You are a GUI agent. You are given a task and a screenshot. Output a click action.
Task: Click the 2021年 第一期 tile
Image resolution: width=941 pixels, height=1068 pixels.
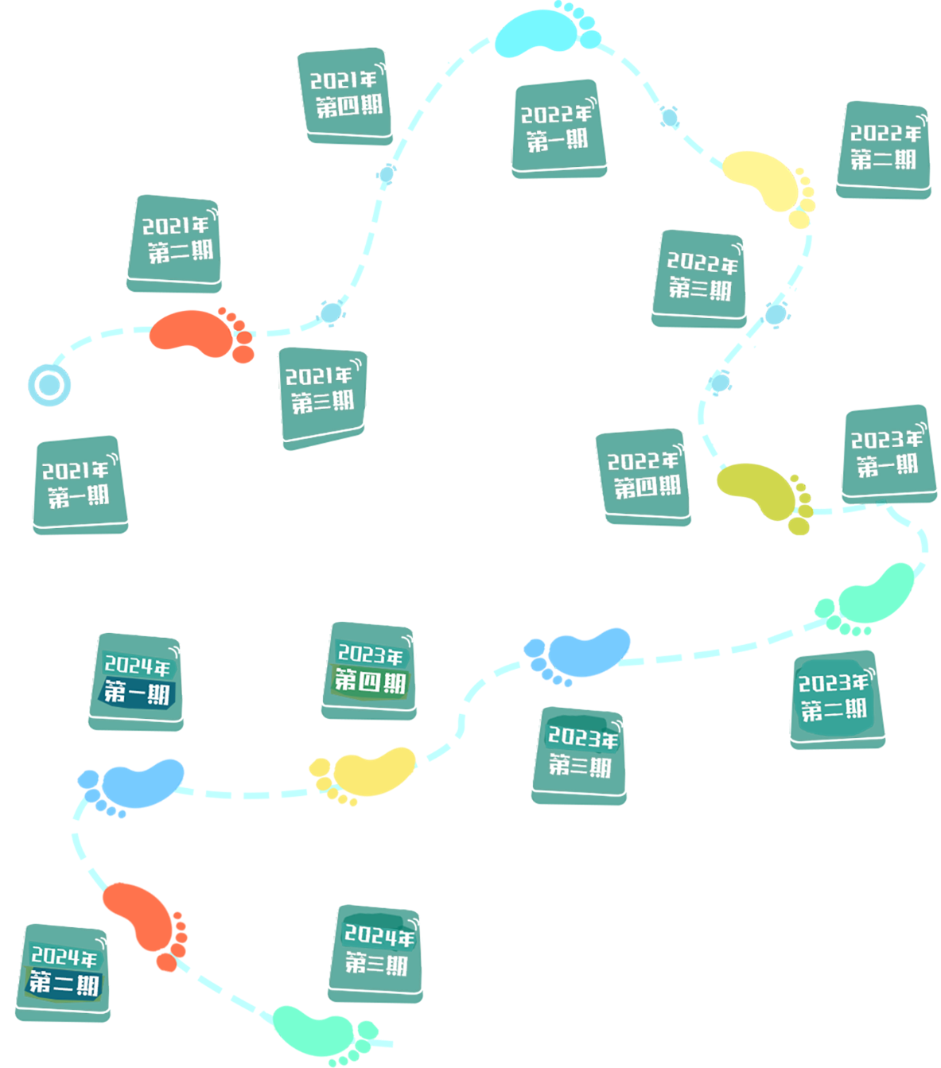[79, 483]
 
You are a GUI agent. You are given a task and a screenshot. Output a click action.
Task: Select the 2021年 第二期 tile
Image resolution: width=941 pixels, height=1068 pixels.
[175, 241]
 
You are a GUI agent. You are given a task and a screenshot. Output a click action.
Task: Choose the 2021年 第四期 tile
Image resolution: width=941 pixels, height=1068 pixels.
[344, 95]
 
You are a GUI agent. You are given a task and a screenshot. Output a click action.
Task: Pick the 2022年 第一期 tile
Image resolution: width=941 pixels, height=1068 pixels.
[558, 126]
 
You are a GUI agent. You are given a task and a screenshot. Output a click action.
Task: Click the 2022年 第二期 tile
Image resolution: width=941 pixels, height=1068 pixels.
[884, 149]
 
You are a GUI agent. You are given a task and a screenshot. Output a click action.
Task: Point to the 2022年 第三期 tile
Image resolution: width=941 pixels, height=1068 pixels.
[700, 277]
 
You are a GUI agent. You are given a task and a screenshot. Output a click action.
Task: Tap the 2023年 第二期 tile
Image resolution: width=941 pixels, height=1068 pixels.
[835, 697]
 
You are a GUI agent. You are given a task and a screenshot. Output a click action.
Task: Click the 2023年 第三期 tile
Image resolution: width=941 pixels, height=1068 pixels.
[580, 753]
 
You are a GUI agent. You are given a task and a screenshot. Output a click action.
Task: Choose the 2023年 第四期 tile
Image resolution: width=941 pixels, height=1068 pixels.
[370, 669]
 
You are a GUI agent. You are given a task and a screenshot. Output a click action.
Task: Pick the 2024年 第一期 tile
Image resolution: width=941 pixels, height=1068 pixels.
[137, 680]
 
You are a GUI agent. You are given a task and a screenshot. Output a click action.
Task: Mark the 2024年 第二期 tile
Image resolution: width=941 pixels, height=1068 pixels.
[64, 971]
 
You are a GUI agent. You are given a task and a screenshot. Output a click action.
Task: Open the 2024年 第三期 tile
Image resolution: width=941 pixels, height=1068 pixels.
[376, 951]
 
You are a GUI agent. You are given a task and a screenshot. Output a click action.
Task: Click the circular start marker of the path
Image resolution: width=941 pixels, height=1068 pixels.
[49, 385]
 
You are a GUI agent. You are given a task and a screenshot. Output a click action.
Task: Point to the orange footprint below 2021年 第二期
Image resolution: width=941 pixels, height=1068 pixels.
[199, 332]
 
